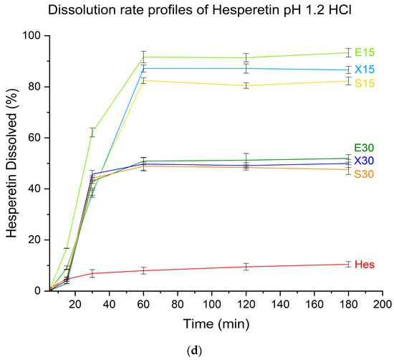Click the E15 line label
pos(365,52)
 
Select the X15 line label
pos(365,70)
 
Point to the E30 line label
pos(365,148)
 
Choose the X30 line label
pos(365,161)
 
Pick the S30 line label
pos(365,174)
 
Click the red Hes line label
pos(364,265)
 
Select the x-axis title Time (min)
pos(215,324)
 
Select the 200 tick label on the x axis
pos(383,305)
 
